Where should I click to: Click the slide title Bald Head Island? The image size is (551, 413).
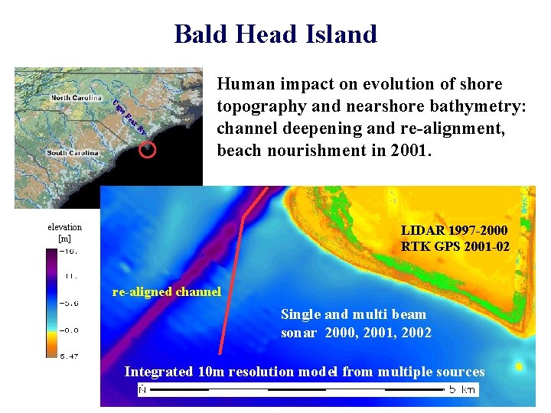click(275, 34)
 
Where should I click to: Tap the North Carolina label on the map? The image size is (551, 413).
click(76, 97)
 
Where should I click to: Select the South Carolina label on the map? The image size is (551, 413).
click(73, 153)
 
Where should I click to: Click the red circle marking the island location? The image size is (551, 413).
click(148, 149)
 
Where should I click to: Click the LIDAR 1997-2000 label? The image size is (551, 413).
click(454, 230)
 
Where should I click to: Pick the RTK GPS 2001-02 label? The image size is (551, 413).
click(455, 246)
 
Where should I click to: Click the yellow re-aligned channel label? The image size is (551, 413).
click(166, 291)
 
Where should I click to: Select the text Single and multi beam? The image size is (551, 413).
click(354, 314)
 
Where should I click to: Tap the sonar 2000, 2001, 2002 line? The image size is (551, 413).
click(356, 332)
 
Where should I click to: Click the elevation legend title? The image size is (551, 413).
click(64, 227)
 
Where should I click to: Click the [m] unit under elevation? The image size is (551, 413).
click(64, 239)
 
